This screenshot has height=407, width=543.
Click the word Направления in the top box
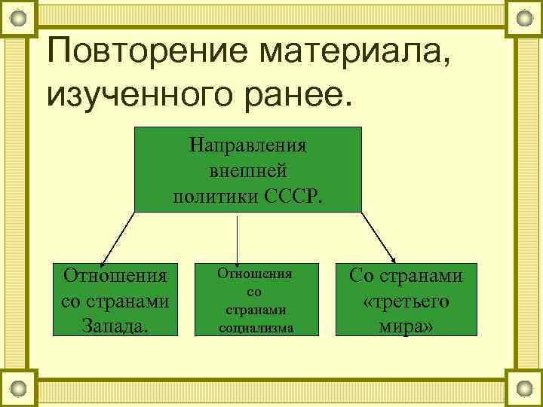tap(248, 143)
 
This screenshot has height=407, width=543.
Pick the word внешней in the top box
tap(248, 170)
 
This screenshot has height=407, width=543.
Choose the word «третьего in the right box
tap(406, 301)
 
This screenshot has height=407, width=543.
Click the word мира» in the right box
tap(406, 326)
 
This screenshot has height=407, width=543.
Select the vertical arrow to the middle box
tap(238, 240)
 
